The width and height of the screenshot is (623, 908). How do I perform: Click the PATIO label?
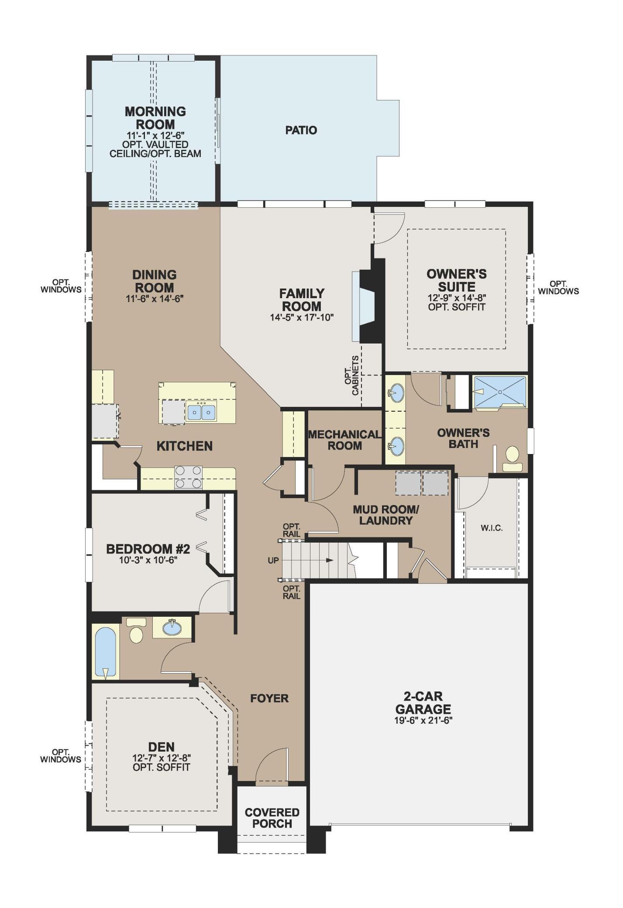coord(301,130)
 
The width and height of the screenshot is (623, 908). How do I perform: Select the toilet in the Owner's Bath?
coord(512,459)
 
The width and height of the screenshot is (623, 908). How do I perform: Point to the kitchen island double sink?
coord(201,412)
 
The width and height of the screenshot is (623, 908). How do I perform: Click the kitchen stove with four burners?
coord(188,477)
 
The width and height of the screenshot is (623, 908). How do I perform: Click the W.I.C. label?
coord(492,528)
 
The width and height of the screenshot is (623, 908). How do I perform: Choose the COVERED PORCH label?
coord(272,818)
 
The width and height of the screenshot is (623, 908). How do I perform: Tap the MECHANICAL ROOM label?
coord(344,440)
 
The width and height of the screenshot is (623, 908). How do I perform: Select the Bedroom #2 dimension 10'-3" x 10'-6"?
coord(148,560)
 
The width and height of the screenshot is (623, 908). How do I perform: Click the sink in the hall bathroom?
coord(172,628)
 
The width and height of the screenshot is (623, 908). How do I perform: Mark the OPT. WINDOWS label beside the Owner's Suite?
coord(558,287)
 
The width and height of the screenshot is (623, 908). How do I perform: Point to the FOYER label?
coord(269,698)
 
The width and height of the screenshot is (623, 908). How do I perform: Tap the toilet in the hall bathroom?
coord(137,630)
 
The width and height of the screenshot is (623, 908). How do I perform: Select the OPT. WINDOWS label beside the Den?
coord(61,756)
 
